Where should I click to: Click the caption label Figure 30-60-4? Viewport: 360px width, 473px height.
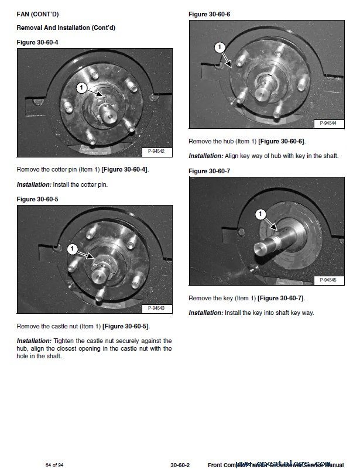click(37, 43)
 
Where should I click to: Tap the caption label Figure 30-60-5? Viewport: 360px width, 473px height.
click(37, 199)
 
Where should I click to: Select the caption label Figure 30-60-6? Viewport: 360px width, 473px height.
click(209, 13)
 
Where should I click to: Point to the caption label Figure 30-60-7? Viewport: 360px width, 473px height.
click(209, 171)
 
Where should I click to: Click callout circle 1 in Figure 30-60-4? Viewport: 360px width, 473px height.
click(82, 88)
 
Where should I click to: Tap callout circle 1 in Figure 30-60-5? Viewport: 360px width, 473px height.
click(72, 249)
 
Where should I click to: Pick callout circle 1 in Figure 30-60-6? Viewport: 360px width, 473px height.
click(220, 47)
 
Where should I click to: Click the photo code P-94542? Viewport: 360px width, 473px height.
click(156, 152)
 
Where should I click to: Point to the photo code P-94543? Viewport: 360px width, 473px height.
click(156, 308)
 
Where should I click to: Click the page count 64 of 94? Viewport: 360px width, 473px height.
click(54, 465)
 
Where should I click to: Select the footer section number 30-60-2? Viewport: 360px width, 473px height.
click(180, 465)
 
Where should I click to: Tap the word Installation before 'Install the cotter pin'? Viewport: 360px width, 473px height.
click(34, 184)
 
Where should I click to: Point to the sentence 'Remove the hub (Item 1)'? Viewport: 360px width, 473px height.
click(246, 141)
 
